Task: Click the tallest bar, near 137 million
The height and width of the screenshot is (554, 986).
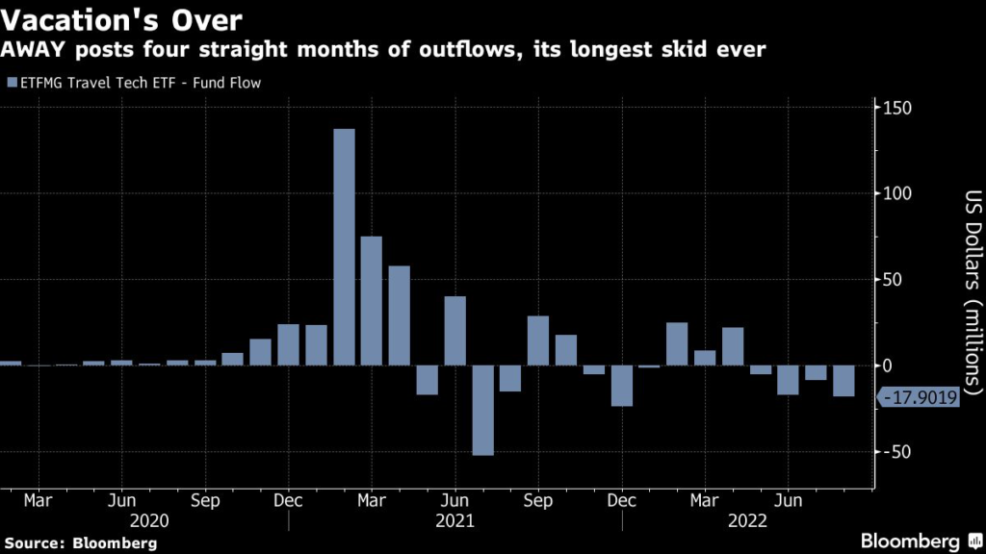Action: tap(344, 247)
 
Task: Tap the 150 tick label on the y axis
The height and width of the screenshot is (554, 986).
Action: tap(895, 108)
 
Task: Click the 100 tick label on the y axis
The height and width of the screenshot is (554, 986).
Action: tap(895, 193)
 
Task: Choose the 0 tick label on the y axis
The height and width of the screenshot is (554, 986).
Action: tap(887, 366)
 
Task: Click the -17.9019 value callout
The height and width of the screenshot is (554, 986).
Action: tap(919, 395)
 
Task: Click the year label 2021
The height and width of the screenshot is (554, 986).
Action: tap(455, 520)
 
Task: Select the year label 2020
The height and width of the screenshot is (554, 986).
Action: tap(121, 520)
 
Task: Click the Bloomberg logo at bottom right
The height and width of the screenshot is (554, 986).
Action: tap(911, 541)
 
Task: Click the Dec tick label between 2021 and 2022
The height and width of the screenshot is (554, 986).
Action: tap(622, 501)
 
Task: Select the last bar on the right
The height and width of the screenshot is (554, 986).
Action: tap(843, 381)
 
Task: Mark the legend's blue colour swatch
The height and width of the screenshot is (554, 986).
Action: tap(11, 83)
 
